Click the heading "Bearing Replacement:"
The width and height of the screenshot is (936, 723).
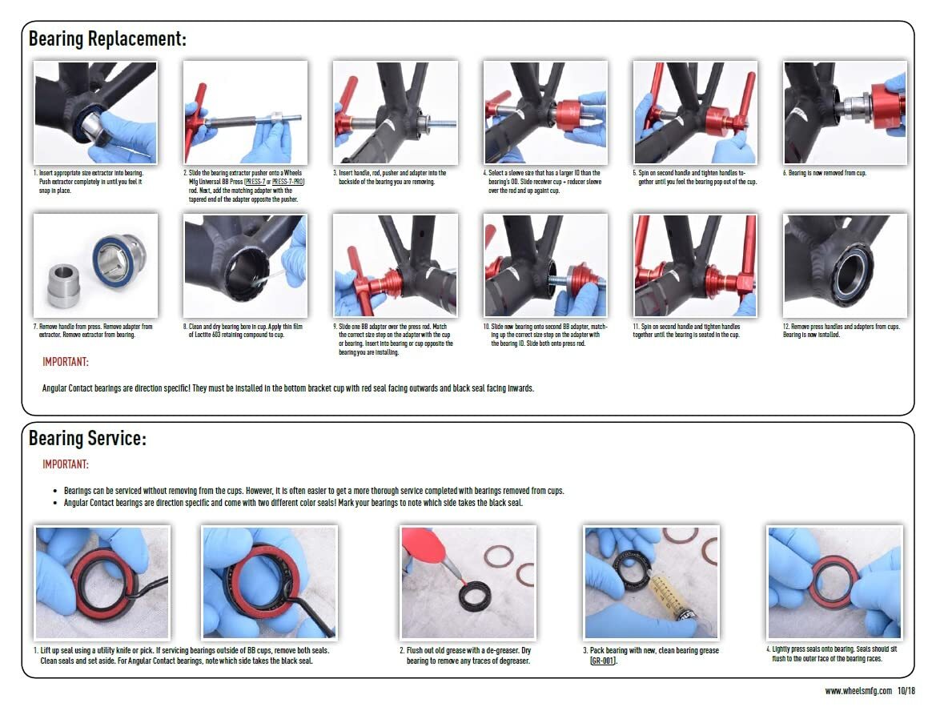(x=107, y=38)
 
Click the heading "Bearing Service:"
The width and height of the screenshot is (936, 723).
(x=87, y=439)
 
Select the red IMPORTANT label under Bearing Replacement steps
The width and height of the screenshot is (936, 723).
(x=66, y=363)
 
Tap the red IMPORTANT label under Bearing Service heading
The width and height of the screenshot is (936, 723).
(x=66, y=464)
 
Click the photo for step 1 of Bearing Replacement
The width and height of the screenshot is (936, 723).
(x=95, y=112)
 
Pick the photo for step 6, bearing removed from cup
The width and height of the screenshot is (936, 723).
(x=845, y=112)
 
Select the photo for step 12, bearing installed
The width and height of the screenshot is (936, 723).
(x=845, y=265)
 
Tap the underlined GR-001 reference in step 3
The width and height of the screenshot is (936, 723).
(x=602, y=661)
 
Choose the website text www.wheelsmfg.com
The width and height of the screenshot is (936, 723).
(x=858, y=691)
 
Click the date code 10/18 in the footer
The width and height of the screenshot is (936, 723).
(x=906, y=691)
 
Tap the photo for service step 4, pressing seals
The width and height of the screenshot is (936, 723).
(x=834, y=582)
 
